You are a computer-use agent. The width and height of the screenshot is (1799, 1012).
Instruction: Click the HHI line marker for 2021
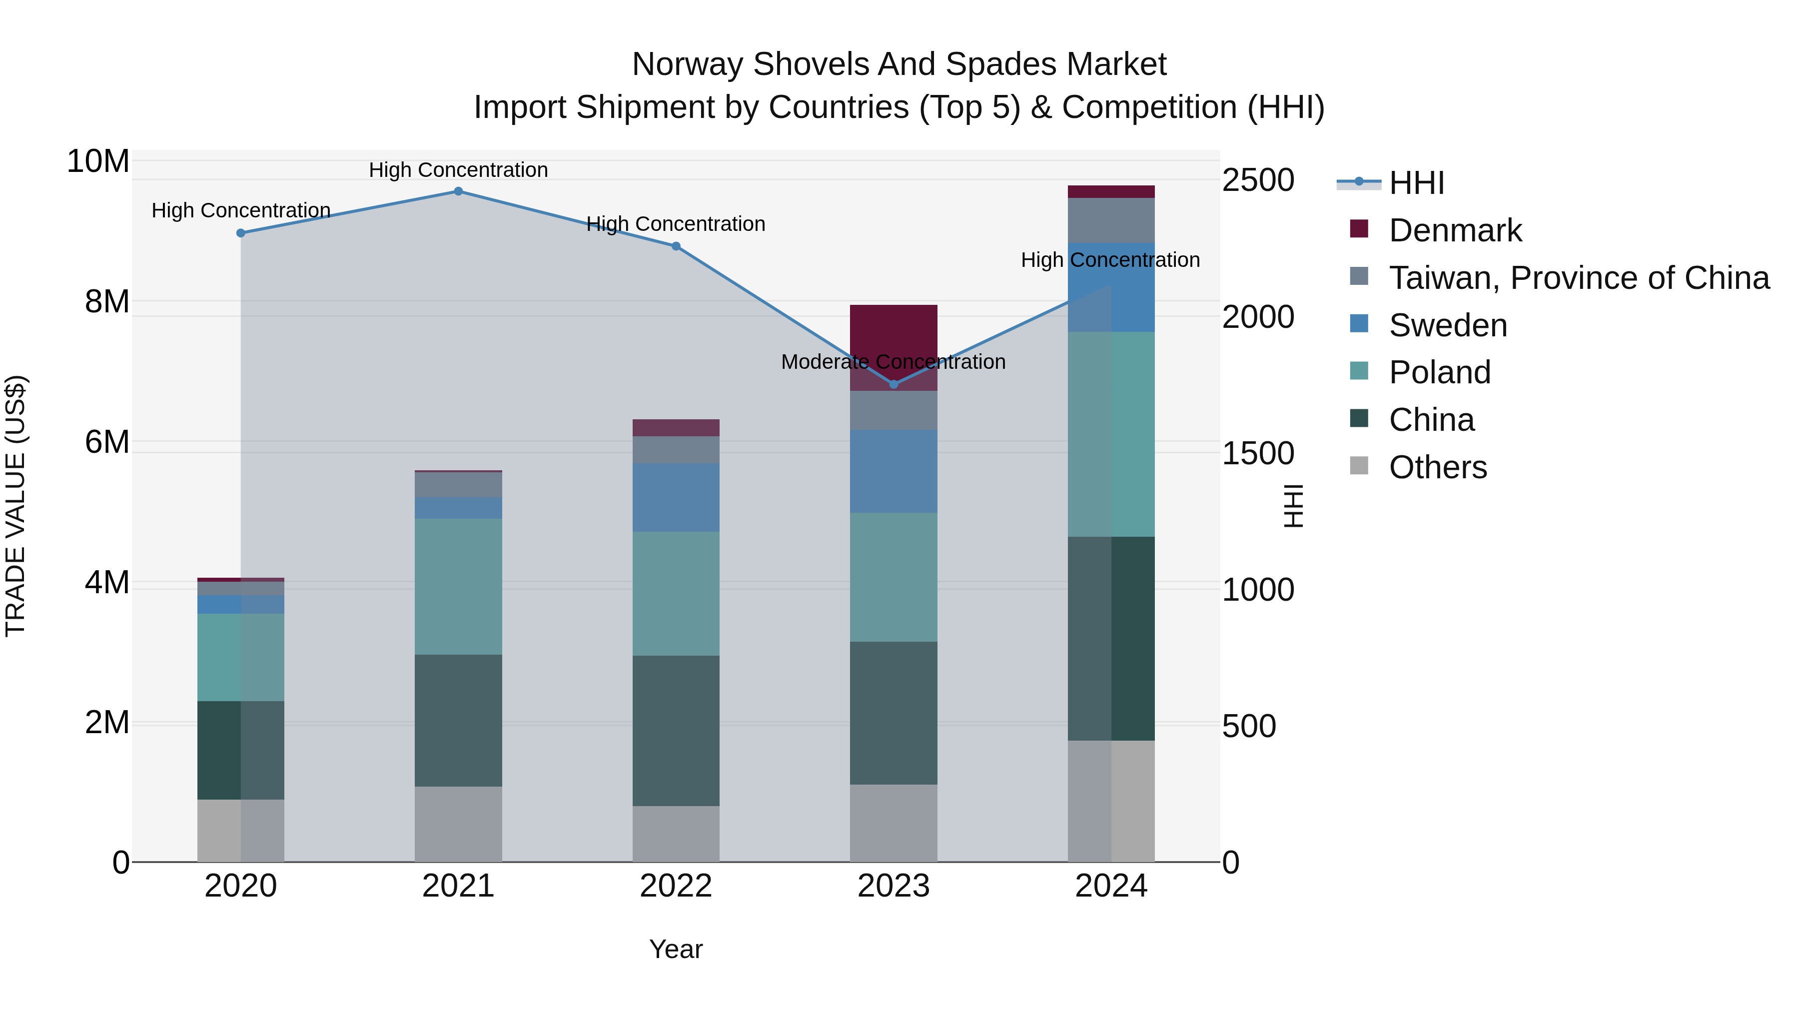pyautogui.click(x=458, y=191)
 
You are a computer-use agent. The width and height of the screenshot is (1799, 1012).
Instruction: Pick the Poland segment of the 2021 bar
pyautogui.click(x=458, y=587)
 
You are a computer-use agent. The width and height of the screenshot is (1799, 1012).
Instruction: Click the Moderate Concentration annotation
pyautogui.click(x=893, y=362)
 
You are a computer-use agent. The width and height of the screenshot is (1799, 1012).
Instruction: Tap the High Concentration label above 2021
pyautogui.click(x=458, y=170)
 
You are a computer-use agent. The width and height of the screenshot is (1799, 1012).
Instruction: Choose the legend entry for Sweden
pyautogui.click(x=1448, y=325)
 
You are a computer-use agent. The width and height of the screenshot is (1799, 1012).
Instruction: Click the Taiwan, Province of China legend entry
pyautogui.click(x=1578, y=278)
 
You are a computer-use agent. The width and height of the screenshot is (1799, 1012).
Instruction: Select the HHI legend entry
pyautogui.click(x=1416, y=183)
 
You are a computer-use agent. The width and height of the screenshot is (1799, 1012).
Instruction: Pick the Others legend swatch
pyautogui.click(x=1359, y=466)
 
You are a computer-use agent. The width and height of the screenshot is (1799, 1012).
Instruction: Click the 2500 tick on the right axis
pyautogui.click(x=1258, y=180)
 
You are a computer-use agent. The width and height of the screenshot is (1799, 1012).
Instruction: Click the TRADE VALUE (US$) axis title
pyautogui.click(x=15, y=506)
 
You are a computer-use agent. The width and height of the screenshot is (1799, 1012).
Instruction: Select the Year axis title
pyautogui.click(x=675, y=949)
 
